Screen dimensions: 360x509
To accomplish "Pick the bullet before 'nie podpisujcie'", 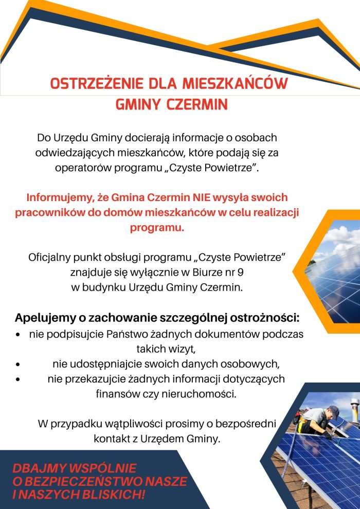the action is [18, 335].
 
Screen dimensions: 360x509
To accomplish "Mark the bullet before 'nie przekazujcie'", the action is [18, 379].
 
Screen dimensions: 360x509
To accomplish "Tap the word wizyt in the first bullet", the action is [182, 350].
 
